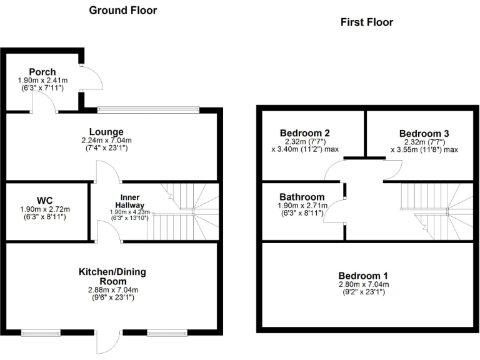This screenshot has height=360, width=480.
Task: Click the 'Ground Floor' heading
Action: click(x=123, y=10)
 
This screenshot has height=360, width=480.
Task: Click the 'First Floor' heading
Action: click(x=366, y=22)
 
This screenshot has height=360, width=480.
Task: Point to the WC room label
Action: click(x=44, y=200)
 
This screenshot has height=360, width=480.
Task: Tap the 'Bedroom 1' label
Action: click(x=363, y=276)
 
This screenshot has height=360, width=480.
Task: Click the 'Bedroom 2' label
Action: click(x=304, y=133)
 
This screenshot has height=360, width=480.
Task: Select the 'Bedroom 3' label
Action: click(x=424, y=133)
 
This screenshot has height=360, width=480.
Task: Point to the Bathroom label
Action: click(x=302, y=196)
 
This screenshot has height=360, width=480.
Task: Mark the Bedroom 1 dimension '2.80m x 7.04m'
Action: click(x=363, y=284)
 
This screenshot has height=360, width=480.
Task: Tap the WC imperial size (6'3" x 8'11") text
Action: click(x=44, y=217)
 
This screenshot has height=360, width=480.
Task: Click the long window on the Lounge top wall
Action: click(x=148, y=111)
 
